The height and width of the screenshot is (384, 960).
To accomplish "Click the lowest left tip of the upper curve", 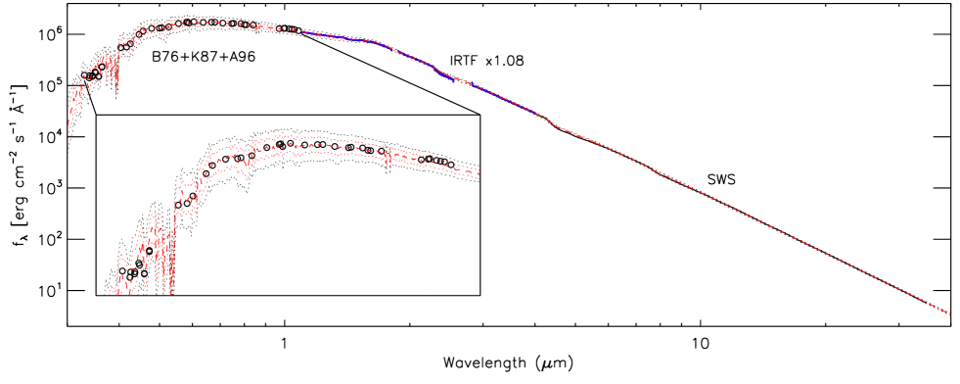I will pyautogui.click(x=69, y=139).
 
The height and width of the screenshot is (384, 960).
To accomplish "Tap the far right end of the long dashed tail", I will pyautogui.click(x=949, y=313).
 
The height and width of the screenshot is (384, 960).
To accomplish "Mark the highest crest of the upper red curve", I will pyautogui.click(x=196, y=20).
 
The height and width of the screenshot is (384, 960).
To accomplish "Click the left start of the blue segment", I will pyautogui.click(x=302, y=32).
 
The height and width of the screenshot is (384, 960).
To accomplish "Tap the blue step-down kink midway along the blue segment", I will pyautogui.click(x=437, y=72).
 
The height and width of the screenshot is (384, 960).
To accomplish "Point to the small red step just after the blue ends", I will pyautogui.click(x=558, y=126).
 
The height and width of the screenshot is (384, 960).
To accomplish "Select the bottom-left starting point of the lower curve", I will pyautogui.click(x=112, y=292).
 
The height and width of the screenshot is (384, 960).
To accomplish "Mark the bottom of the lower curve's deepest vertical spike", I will pyautogui.click(x=172, y=292).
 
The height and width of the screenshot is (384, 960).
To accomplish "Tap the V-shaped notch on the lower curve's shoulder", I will pyautogui.click(x=247, y=176).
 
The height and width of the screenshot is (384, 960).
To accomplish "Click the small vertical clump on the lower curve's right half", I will pyautogui.click(x=388, y=157).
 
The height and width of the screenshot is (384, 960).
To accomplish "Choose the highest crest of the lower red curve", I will pyautogui.click(x=284, y=137).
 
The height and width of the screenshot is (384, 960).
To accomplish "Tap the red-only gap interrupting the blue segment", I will pyautogui.click(x=460, y=82).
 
